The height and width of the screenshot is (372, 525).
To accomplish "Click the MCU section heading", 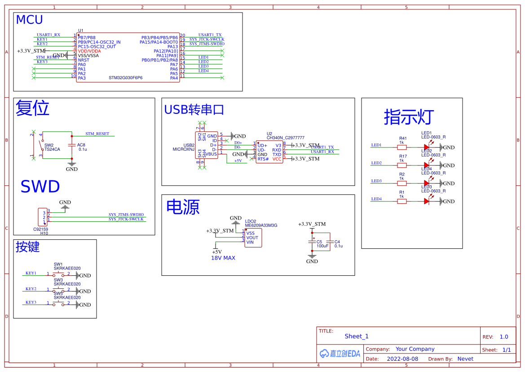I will (x=29, y=20).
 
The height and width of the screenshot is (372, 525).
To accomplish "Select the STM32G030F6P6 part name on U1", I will (x=125, y=78).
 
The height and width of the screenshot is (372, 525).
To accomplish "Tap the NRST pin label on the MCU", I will (x=84, y=60).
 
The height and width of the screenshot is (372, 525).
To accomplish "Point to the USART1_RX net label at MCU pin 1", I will (x=48, y=35).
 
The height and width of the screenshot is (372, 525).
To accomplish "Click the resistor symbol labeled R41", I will (x=401, y=147).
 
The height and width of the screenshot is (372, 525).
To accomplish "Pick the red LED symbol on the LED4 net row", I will (x=427, y=201).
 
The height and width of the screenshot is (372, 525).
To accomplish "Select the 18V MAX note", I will (x=223, y=258).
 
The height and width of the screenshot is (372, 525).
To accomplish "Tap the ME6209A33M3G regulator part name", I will (x=261, y=225).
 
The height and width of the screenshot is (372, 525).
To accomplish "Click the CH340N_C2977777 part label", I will (x=285, y=138).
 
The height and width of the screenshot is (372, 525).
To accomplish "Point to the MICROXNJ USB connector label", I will (x=183, y=149).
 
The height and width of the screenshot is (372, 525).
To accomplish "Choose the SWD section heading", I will (x=40, y=187).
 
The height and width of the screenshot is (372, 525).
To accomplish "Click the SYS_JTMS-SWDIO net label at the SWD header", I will (x=126, y=215).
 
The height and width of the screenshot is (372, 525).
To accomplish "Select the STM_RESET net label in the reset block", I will (x=97, y=134).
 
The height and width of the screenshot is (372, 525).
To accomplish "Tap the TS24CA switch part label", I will (x=52, y=149).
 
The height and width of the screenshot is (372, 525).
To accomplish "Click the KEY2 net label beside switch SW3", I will (x=31, y=289).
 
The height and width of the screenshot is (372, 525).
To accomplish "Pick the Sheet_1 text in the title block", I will (x=356, y=336).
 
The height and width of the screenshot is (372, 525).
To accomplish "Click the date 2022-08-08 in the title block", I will (x=402, y=359).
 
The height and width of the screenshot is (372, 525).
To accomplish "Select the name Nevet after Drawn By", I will (x=465, y=359).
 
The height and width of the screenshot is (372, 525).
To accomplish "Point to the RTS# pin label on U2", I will (x=263, y=159).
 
